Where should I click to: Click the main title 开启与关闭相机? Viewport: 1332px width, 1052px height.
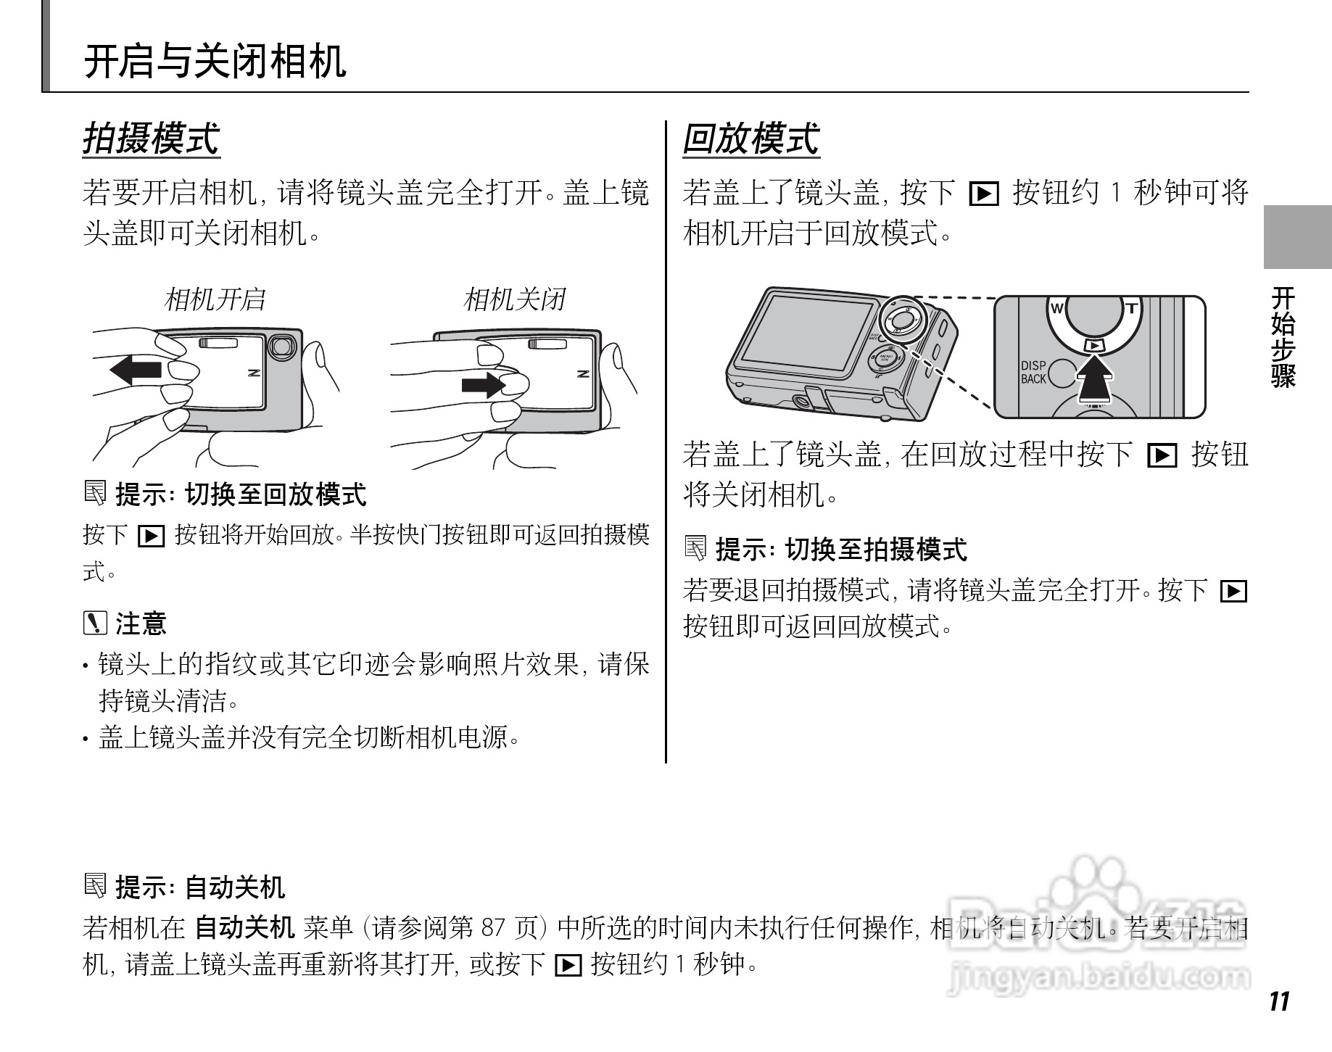pyautogui.click(x=215, y=61)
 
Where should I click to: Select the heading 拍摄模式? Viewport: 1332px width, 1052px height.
pyautogui.click(x=151, y=139)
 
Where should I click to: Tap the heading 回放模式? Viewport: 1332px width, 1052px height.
pyautogui.click(x=750, y=139)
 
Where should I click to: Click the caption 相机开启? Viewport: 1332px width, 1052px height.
pyautogui.click(x=215, y=299)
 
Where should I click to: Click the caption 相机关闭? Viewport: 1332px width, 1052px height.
pyautogui.click(x=514, y=299)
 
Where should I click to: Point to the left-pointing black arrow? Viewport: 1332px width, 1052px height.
pyautogui.click(x=136, y=370)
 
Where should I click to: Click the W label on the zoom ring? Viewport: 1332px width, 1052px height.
pyautogui.click(x=1056, y=309)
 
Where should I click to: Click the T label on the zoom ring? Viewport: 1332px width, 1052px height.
pyautogui.click(x=1130, y=308)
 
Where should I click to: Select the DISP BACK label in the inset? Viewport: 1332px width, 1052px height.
pyautogui.click(x=1033, y=372)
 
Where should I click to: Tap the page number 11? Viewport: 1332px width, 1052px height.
pyautogui.click(x=1279, y=1001)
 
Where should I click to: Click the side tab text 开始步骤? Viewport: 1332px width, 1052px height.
pyautogui.click(x=1283, y=336)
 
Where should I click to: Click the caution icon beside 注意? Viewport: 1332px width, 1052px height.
pyautogui.click(x=95, y=623)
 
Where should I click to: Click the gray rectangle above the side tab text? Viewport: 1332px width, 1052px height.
pyautogui.click(x=1296, y=237)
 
